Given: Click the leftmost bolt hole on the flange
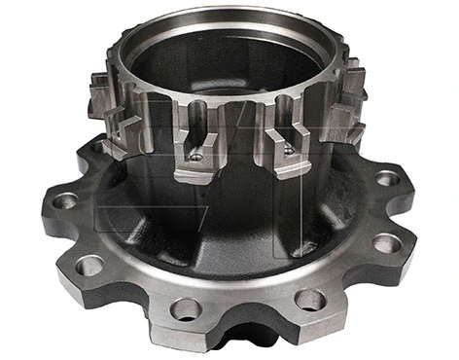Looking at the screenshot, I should [66, 201].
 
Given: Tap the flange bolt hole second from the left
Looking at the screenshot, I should [89, 264].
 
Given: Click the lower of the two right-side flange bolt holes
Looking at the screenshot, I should [386, 242].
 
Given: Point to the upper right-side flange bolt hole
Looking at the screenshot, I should [387, 178].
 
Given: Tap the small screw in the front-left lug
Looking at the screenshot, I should [196, 156].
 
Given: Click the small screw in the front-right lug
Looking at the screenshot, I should [289, 150].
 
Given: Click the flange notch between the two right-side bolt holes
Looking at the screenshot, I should [408, 210].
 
